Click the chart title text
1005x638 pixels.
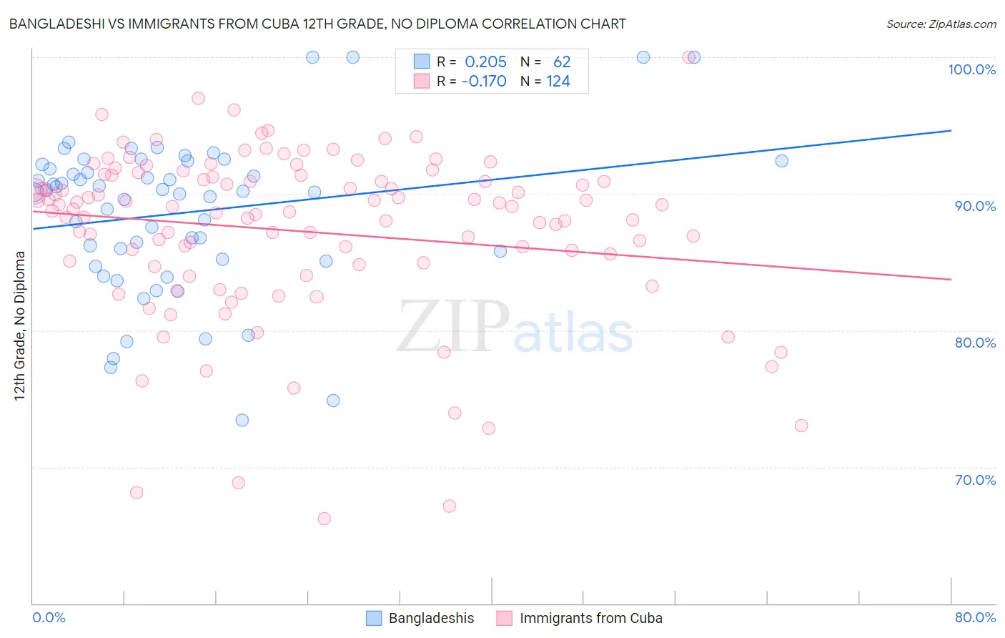coord(317,24)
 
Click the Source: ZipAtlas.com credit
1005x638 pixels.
coord(941,24)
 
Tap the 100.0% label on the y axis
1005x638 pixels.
coord(971,69)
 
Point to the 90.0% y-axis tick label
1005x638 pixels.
coord(975,206)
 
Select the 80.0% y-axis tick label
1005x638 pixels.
coord(975,343)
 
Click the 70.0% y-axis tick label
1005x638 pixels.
coord(975,480)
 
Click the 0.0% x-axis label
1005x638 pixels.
coord(49,617)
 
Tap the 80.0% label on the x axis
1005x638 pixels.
coord(975,617)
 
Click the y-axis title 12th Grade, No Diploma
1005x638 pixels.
coord(20,325)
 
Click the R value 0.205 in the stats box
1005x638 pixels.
coord(485,62)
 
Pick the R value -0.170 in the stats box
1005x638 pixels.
coord(484,82)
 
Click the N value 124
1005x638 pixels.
coord(558,82)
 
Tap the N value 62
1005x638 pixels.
coord(562,62)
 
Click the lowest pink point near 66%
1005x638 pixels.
coord(325,519)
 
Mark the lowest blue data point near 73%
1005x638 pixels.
coord(242,420)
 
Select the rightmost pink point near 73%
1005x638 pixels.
coord(801,426)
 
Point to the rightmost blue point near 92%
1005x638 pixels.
coord(782,161)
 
